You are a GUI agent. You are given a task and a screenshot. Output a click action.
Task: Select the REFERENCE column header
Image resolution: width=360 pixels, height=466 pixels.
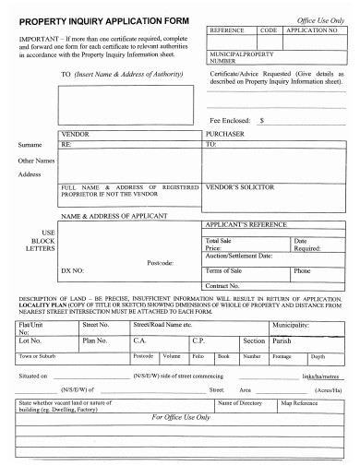(x=226, y=30)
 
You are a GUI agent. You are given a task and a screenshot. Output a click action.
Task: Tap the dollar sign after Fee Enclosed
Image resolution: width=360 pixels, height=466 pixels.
(x=262, y=120)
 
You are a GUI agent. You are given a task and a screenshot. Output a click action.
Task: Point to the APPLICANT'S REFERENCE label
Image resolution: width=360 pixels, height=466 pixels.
(x=243, y=224)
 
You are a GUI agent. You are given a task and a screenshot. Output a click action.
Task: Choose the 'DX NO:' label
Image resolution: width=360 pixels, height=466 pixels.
(x=72, y=271)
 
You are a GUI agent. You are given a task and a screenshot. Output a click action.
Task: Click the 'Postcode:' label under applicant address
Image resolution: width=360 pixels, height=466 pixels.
(x=162, y=262)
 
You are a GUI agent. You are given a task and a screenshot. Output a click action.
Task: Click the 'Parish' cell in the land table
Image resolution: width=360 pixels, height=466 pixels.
(x=283, y=340)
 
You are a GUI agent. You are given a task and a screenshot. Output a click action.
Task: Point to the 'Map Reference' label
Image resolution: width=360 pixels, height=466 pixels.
(x=300, y=404)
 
